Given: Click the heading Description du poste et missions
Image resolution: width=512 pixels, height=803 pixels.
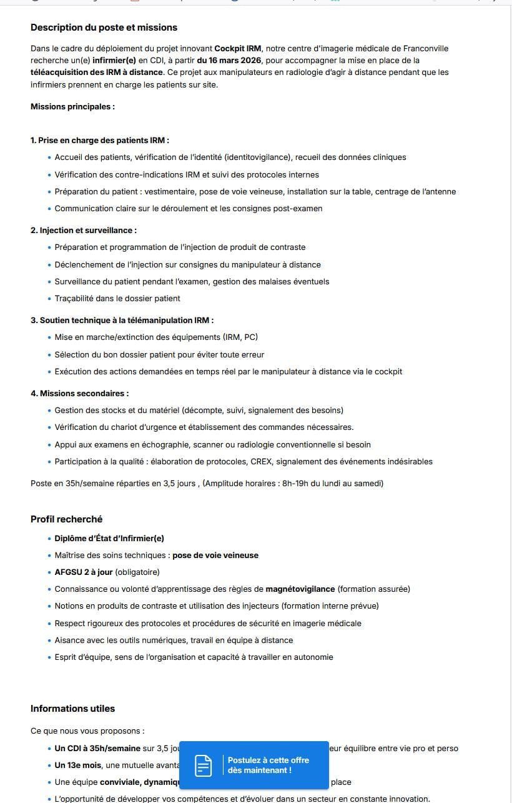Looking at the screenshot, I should tap(104, 27).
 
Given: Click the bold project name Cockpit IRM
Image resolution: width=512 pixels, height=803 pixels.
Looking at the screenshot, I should tap(238, 49).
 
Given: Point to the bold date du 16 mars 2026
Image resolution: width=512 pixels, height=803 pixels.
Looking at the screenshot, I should tap(229, 61).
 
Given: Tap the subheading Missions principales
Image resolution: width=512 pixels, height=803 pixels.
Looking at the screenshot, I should tap(72, 107).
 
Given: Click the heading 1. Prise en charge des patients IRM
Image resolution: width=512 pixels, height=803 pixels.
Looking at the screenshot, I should tap(100, 141).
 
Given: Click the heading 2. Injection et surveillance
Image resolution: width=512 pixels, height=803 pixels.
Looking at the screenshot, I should tap(84, 231).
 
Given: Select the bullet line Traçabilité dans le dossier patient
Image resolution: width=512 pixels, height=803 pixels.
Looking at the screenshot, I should tap(117, 299).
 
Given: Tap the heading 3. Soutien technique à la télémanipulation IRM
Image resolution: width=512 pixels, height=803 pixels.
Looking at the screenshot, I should tap(122, 321).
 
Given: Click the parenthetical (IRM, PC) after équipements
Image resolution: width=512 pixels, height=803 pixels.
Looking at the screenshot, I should tap(240, 337).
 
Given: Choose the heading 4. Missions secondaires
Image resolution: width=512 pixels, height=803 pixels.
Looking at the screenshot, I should tap(80, 394).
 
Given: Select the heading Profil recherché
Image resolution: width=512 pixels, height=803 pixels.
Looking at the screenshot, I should tap(67, 519).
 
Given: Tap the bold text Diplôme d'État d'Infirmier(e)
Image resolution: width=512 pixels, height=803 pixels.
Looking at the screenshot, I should tap(109, 539).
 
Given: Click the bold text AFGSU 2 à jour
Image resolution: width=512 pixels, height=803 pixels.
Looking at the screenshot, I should tap(84, 572).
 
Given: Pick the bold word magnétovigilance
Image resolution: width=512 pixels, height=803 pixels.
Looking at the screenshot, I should tap(300, 589).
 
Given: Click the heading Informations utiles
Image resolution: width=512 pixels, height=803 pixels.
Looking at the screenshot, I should tap(72, 709).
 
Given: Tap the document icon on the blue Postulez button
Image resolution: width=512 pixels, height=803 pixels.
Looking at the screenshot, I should tap(203, 766).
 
